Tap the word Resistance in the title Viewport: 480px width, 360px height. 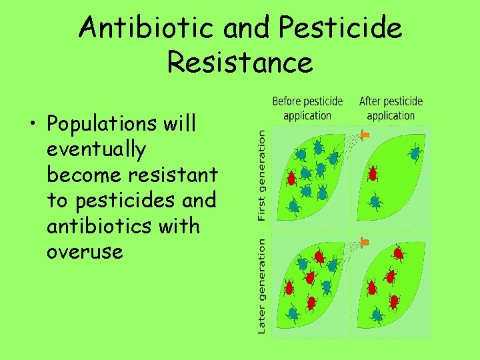click(240, 63)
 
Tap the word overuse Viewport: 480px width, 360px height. click(85, 252)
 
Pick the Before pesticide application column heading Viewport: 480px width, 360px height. click(307, 109)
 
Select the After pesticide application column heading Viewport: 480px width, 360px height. click(391, 109)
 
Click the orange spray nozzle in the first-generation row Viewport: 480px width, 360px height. click(364, 135)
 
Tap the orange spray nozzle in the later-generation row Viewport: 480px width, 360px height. click(364, 241)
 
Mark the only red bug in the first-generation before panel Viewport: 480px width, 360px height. click(291, 178)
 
